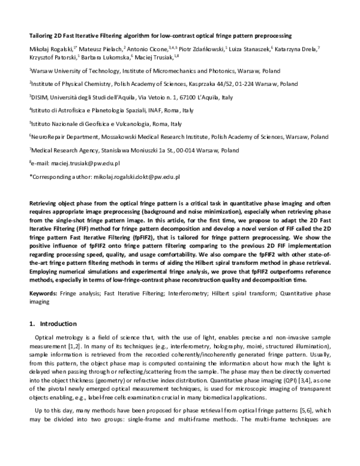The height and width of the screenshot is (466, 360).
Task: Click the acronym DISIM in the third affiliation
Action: click(40, 97)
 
